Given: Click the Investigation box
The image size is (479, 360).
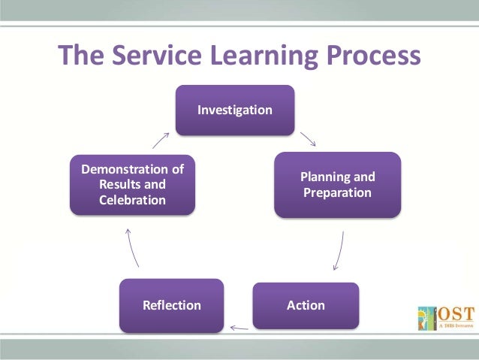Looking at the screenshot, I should point(235,110).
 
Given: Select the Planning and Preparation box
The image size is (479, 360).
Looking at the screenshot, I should point(337,185).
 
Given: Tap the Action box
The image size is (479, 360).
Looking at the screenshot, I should point(306,305).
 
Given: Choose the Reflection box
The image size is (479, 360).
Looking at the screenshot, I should point(172,305).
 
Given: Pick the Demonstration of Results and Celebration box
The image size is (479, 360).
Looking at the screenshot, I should point(133,184).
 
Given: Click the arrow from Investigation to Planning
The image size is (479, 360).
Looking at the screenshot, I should point(308,139).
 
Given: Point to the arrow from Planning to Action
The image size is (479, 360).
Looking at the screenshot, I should point(339,250).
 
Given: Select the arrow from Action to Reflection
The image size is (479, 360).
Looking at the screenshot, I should point(239,327).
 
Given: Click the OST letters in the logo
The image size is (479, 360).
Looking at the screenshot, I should point(452,311).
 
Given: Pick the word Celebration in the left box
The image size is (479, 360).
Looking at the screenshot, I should point(132,200).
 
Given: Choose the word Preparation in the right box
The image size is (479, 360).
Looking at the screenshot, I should point(337,193).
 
